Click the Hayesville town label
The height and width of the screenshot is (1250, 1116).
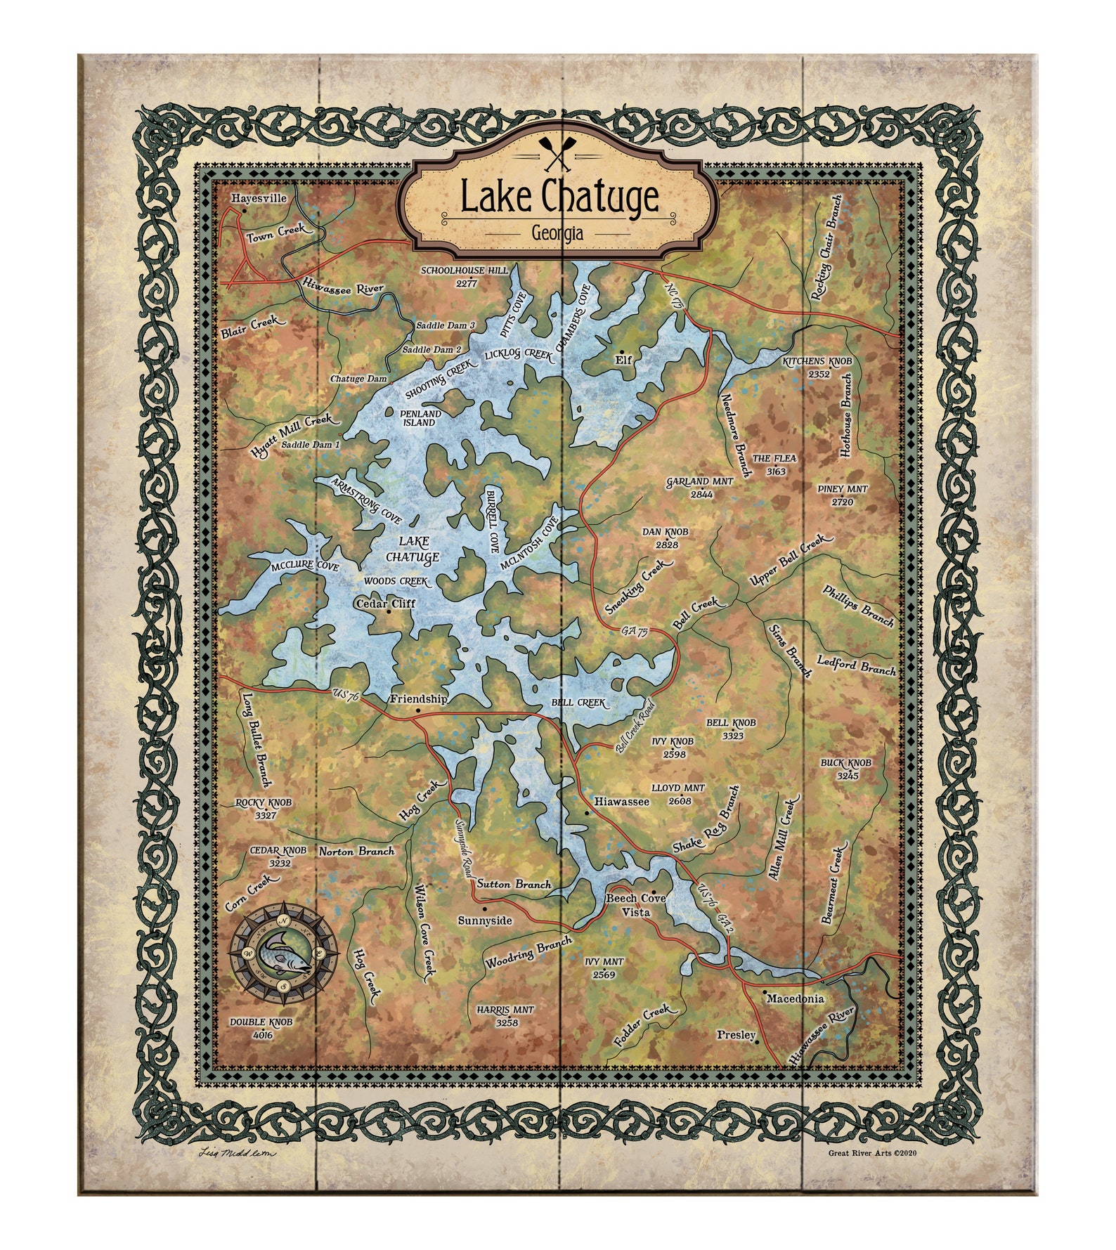point(259,199)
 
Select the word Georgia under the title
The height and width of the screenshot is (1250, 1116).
point(557,233)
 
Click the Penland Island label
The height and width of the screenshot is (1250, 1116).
point(421,418)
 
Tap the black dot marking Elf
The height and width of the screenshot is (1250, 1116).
point(622,349)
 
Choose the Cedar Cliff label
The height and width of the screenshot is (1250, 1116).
point(386,603)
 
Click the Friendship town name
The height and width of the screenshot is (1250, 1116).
point(418,699)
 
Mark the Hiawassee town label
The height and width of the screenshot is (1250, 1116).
point(621,801)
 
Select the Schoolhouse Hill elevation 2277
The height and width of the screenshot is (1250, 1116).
point(466,283)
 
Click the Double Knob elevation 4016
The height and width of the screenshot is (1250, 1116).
point(261,1035)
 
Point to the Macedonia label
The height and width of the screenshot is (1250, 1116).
point(795,998)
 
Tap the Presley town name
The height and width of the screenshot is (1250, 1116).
point(736,1035)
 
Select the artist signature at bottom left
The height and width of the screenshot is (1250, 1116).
point(238,1152)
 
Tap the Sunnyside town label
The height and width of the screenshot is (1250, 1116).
point(485,920)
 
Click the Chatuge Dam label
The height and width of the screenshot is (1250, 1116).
point(358,379)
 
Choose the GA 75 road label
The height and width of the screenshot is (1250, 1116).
point(634,632)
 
